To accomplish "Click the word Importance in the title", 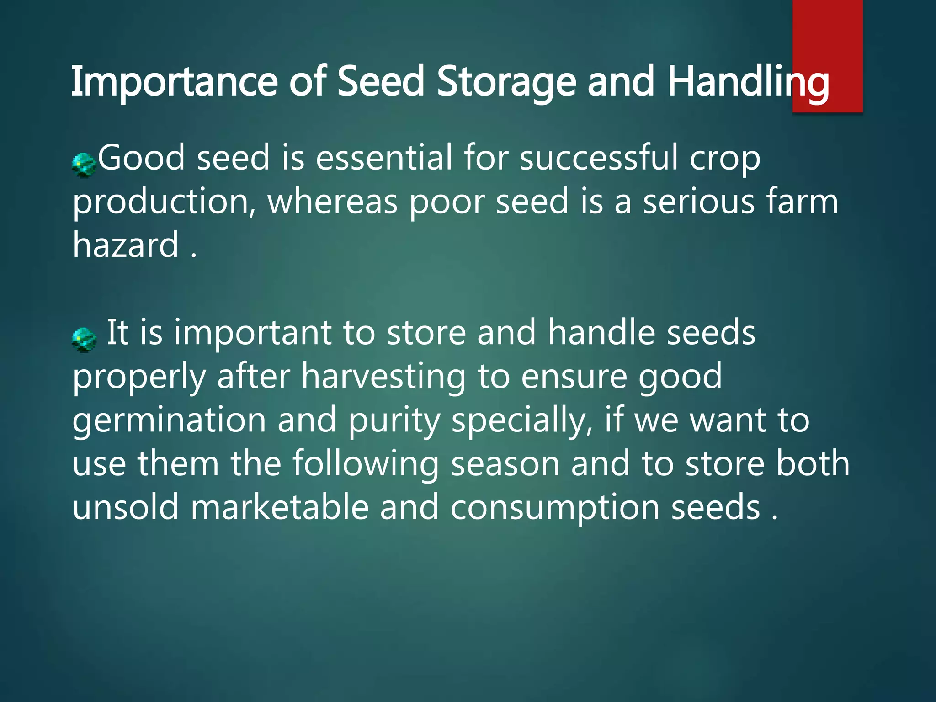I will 174,82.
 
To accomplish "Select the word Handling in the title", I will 748,82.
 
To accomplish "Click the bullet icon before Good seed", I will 84,165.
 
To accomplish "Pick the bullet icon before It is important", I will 84,340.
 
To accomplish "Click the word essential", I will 383,158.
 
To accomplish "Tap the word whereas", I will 332,202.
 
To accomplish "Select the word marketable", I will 279,508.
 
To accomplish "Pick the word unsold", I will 126,508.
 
